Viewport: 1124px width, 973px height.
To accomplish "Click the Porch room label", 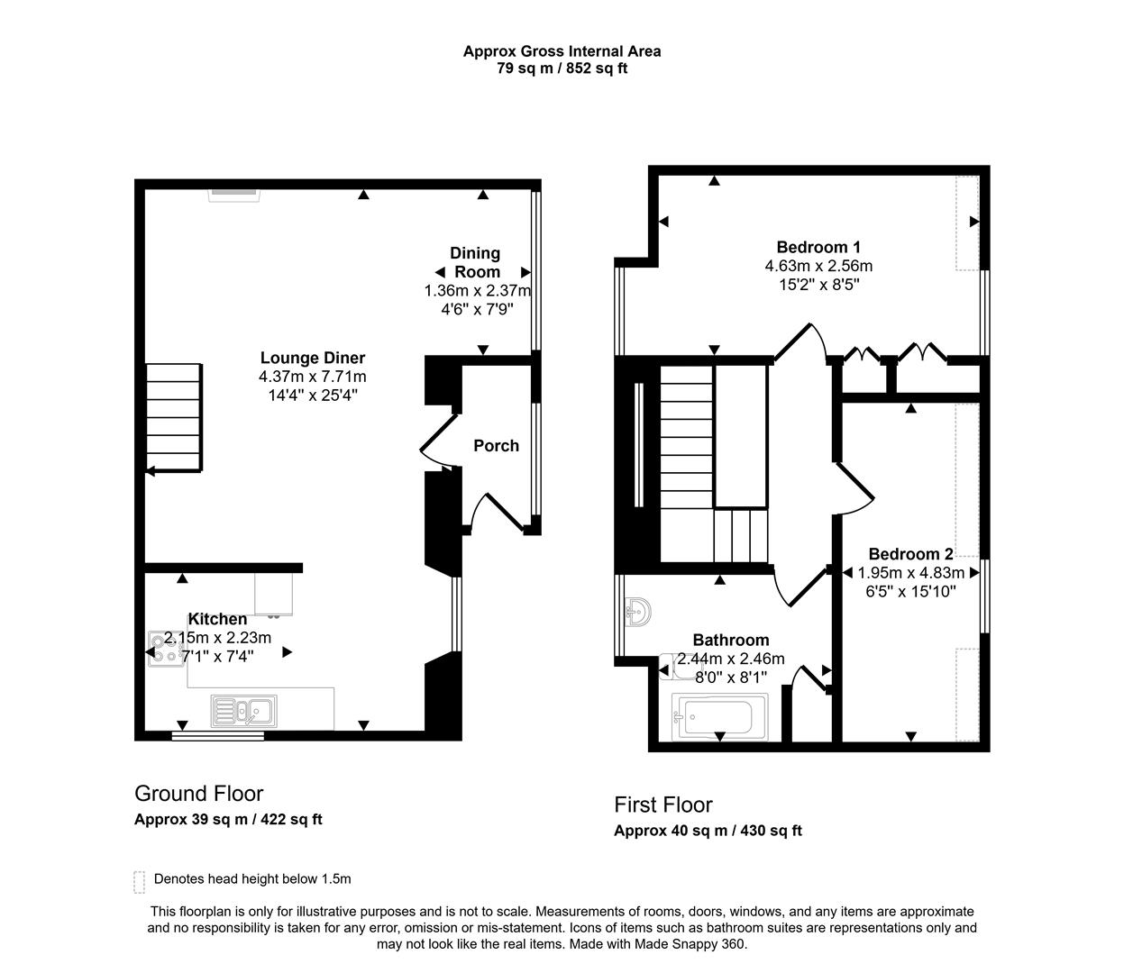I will tap(496, 445).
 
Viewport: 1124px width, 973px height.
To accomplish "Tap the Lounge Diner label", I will tap(313, 358).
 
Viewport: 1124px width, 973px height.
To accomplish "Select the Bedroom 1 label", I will tap(818, 247).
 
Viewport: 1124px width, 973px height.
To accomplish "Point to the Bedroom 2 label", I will tap(910, 554).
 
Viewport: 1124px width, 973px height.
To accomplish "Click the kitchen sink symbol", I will tap(244, 711).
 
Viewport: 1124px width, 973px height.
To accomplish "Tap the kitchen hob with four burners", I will tap(167, 648).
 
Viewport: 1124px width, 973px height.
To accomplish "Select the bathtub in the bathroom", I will tap(719, 717).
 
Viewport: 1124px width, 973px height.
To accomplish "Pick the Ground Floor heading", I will tap(198, 794).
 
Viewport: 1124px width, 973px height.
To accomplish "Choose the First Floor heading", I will tap(663, 805).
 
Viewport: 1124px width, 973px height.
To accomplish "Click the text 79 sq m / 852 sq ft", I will tap(562, 68).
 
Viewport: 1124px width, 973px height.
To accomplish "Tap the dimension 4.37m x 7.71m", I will tap(313, 377).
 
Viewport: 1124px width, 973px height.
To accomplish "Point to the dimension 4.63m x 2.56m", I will tap(818, 266).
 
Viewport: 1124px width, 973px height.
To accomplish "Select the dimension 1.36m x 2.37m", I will tap(477, 291).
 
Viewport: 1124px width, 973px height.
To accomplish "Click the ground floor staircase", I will tap(173, 418).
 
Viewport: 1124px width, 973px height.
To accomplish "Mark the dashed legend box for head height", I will tap(139, 880).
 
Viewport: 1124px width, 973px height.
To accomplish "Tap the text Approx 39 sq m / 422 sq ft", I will tap(228, 820).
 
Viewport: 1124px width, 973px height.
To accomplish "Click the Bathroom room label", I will tap(731, 640).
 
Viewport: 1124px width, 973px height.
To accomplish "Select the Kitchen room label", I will tap(217, 619).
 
